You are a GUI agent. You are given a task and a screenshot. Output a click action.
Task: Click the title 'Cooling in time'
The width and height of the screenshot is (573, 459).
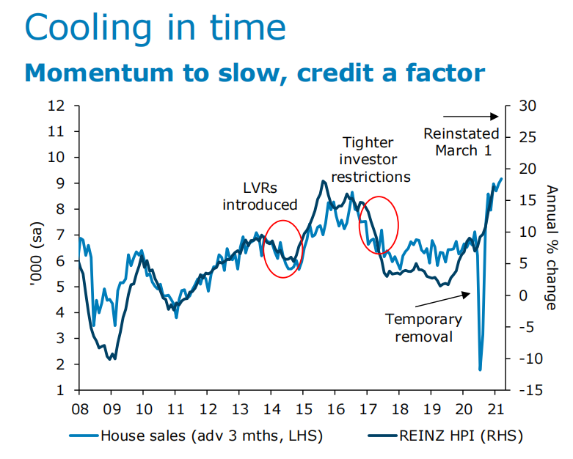[155, 27]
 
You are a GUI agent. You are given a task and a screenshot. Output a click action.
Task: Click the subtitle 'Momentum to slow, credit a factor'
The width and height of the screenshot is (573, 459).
[255, 73]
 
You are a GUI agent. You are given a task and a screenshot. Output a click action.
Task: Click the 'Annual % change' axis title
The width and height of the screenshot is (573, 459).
[551, 247]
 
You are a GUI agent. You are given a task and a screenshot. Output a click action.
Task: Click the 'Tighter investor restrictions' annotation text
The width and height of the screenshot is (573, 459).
[371, 160]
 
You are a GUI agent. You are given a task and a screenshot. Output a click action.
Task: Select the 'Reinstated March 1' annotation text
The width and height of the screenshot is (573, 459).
[461, 142]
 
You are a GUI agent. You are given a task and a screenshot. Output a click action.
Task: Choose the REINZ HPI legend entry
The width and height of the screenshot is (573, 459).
[448, 436]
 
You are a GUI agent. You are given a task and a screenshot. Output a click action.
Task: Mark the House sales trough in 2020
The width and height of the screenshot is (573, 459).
[480, 369]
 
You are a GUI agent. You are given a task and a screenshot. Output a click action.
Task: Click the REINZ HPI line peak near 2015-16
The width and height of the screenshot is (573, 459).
[323, 181]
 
